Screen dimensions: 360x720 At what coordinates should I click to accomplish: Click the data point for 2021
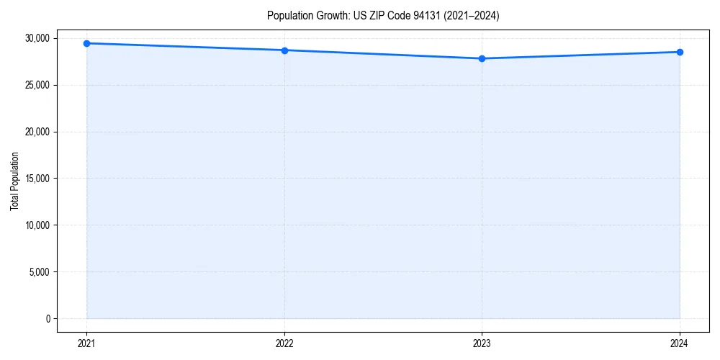(x=86, y=43)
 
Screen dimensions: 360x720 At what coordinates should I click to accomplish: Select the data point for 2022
(x=284, y=50)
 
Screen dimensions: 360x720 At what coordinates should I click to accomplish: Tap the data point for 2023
(x=482, y=58)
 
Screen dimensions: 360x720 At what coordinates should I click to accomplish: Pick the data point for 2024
(x=680, y=52)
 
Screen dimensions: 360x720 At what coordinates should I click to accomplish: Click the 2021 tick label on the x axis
(x=86, y=343)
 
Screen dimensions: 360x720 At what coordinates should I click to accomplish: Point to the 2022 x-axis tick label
(x=284, y=343)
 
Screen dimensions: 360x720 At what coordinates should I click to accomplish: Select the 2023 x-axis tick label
(x=482, y=343)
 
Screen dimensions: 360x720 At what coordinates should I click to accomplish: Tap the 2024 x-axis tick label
(x=680, y=343)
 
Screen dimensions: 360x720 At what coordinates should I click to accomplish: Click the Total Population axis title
(x=14, y=181)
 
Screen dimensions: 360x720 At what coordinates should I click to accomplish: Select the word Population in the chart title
(x=289, y=15)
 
